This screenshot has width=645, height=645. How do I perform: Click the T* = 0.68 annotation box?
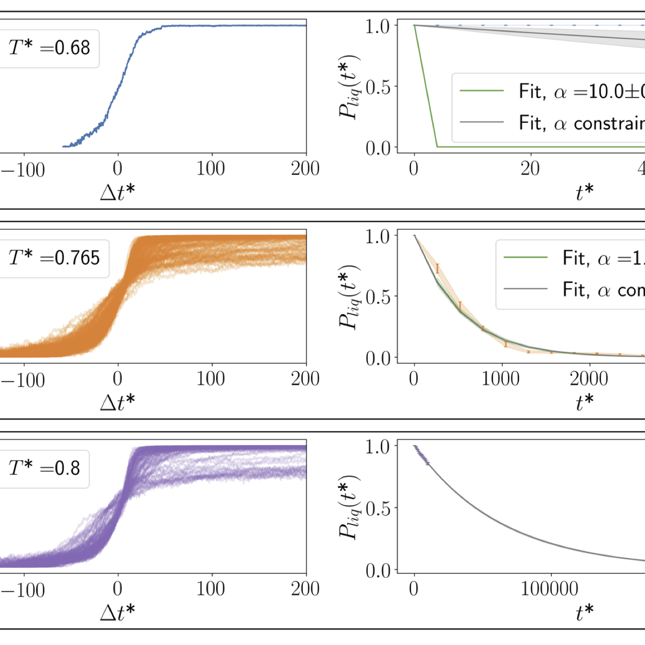pyautogui.click(x=49, y=48)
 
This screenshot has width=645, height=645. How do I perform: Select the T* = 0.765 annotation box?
pyautogui.click(x=54, y=258)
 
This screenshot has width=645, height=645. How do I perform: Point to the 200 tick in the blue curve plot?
pyautogui.click(x=305, y=169)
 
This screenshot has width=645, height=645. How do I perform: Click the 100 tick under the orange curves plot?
pyautogui.click(x=211, y=379)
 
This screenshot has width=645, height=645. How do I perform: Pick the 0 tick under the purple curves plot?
pyautogui.click(x=118, y=589)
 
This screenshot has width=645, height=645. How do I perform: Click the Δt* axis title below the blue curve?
pyautogui.click(x=118, y=192)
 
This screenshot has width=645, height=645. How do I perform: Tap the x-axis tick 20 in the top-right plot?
pyautogui.click(x=530, y=169)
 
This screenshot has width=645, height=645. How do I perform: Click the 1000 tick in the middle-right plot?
pyautogui.click(x=501, y=379)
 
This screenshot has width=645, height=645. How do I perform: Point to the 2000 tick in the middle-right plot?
pyautogui.click(x=589, y=379)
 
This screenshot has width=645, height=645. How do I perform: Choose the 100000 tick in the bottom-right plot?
pyautogui.click(x=550, y=589)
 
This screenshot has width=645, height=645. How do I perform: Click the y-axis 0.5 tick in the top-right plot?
pyautogui.click(x=378, y=87)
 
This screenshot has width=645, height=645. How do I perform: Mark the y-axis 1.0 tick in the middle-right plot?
pyautogui.click(x=378, y=236)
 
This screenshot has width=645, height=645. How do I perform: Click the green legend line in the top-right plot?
pyautogui.click(x=481, y=91)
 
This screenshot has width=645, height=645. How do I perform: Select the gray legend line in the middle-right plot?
pyautogui.click(x=525, y=289)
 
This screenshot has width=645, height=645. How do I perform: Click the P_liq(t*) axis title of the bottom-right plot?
pyautogui.click(x=350, y=507)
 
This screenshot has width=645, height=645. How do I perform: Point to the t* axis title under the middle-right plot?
pyautogui.click(x=585, y=402)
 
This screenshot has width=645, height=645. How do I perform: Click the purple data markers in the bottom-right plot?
pyautogui.click(x=421, y=455)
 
